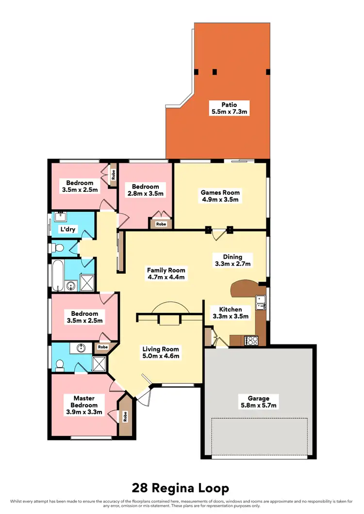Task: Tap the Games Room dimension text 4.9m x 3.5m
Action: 220,199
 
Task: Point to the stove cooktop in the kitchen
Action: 252,340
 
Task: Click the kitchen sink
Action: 261,302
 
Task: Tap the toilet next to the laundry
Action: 57,248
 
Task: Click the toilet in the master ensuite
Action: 60,364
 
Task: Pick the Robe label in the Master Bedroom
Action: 126,415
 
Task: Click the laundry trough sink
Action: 61,218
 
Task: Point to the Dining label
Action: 232,257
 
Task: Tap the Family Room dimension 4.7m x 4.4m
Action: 167,278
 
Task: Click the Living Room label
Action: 161,349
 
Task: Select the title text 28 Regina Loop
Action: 182,488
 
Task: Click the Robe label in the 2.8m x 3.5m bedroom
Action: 161,224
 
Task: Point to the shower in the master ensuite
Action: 99,364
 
